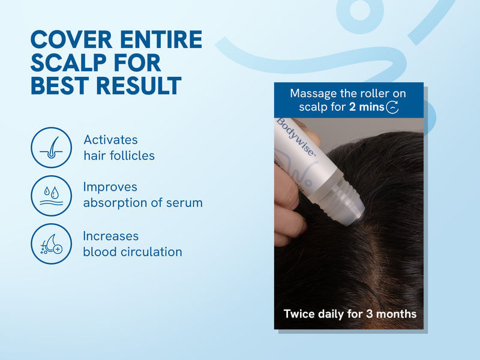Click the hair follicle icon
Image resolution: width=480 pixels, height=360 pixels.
[x=51, y=148]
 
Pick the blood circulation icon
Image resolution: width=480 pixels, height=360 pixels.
[x=51, y=244]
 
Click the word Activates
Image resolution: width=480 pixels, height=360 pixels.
[x=110, y=140]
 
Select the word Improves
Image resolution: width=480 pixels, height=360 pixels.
[x=110, y=187]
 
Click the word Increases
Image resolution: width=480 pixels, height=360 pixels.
[x=111, y=236]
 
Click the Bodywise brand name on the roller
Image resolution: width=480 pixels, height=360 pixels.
[x=296, y=137]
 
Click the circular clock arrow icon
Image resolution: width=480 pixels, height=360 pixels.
[x=393, y=108]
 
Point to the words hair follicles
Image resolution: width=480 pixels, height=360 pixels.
[x=119, y=156]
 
